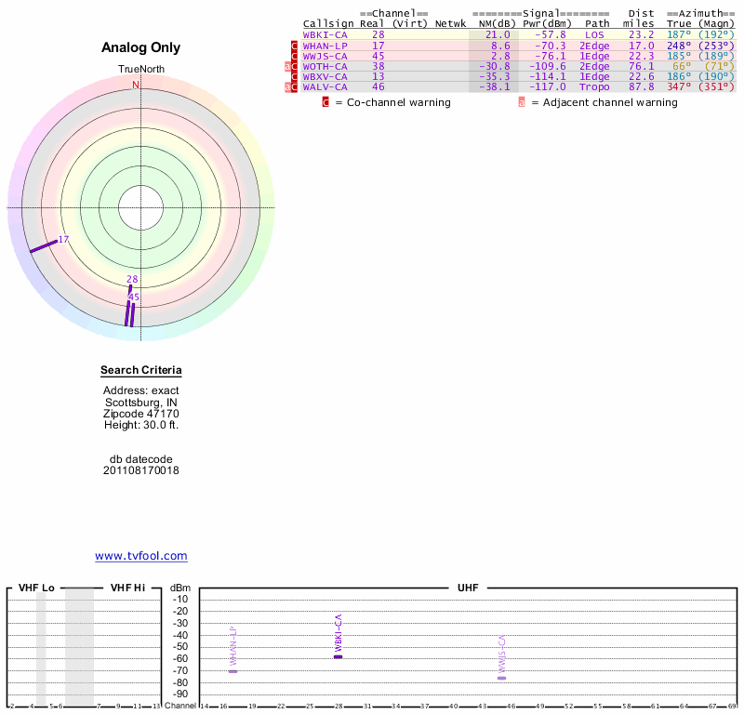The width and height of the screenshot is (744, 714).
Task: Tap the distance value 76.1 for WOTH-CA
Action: pyautogui.click(x=641, y=66)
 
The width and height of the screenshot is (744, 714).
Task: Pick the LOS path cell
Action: pyautogui.click(x=594, y=34)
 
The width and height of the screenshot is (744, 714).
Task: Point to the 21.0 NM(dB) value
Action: pyautogui.click(x=500, y=34)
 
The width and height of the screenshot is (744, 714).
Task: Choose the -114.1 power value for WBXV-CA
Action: pyautogui.click(x=545, y=76)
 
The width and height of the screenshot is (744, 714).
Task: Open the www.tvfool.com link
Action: pyautogui.click(x=141, y=556)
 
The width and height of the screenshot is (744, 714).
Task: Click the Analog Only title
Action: pyautogui.click(x=141, y=47)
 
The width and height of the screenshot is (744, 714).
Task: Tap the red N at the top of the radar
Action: pyautogui.click(x=136, y=85)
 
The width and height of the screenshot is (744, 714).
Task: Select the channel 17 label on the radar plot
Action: pyautogui.click(x=63, y=240)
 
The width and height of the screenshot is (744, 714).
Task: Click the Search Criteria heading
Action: pyautogui.click(x=141, y=371)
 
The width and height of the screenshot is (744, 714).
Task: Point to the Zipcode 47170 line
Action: pyautogui.click(x=141, y=414)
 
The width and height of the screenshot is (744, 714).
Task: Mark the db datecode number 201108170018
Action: pyautogui.click(x=141, y=470)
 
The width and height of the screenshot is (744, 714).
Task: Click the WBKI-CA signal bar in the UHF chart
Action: pyautogui.click(x=339, y=656)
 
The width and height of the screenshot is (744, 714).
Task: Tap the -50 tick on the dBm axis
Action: pyautogui.click(x=180, y=646)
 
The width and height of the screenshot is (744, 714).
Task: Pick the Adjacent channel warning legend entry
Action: pyautogui.click(x=604, y=102)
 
